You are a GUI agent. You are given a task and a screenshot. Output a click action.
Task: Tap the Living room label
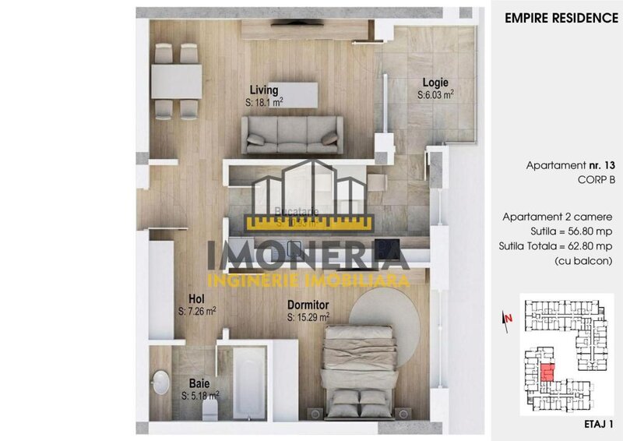264,90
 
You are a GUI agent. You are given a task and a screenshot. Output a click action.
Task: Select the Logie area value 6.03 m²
435,94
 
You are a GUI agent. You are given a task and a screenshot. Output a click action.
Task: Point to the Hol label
196,298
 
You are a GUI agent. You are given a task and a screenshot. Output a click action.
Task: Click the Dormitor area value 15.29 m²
308,317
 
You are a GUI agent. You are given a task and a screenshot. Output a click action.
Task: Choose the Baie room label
199,383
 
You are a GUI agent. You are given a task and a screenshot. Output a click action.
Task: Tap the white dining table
176,81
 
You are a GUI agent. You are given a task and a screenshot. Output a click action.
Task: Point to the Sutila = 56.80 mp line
572,231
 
